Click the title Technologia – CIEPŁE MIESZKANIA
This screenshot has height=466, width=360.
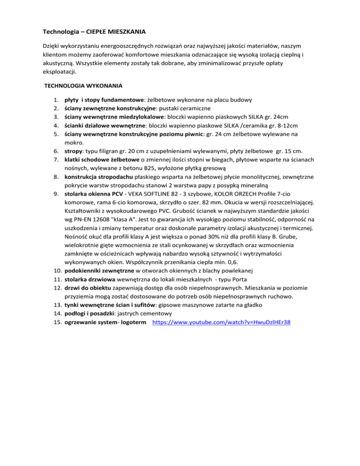(94, 33)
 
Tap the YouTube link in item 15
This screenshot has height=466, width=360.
(223, 323)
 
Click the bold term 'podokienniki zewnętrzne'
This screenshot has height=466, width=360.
(97, 270)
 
